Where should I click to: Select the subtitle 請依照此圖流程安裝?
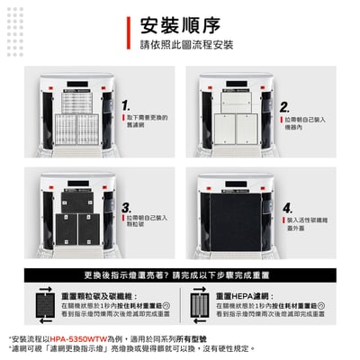pyautogui.click(x=184, y=44)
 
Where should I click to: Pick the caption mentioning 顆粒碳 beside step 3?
pyautogui.click(x=146, y=221)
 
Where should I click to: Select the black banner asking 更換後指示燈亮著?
pyautogui.click(x=180, y=274)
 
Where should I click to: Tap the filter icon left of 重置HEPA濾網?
pyautogui.click(x=199, y=304)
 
